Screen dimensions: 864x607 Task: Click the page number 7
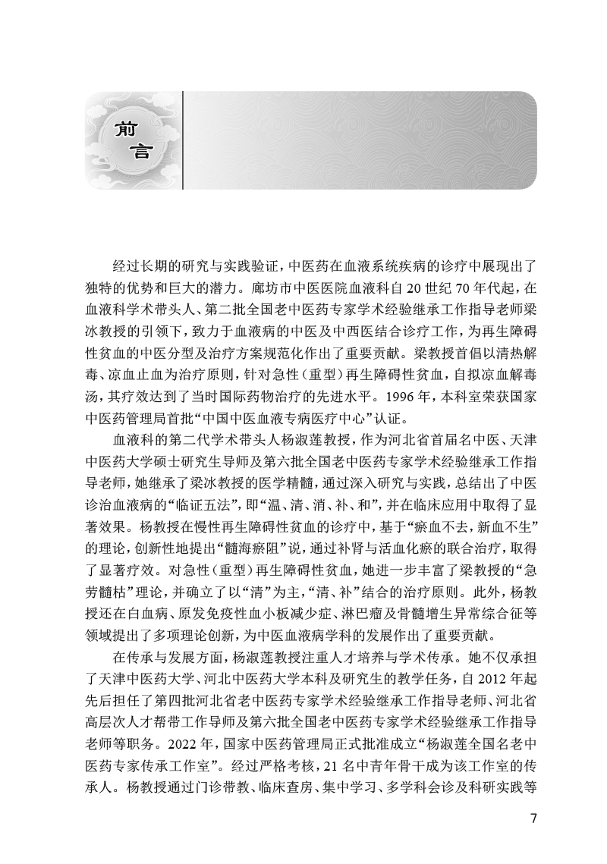pos(534,819)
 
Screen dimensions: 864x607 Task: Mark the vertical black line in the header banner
pos(183,140)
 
